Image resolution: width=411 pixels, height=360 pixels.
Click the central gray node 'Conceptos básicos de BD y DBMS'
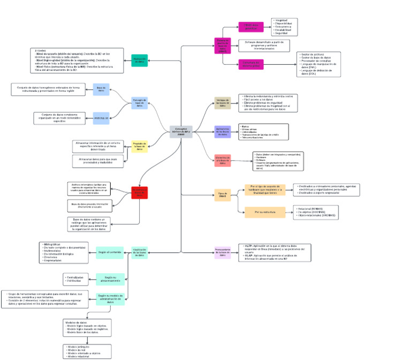pyautogui.click(x=181, y=132)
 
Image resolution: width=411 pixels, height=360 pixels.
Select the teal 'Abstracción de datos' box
pyautogui.click(x=139, y=61)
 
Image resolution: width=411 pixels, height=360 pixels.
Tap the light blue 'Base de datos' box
pyautogui.click(x=101, y=89)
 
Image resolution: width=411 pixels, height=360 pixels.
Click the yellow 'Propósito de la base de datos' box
pyautogui.click(x=139, y=146)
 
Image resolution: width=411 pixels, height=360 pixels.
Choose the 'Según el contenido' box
pyautogui.click(x=111, y=251)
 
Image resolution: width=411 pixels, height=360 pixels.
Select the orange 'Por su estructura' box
pyautogui.click(x=265, y=212)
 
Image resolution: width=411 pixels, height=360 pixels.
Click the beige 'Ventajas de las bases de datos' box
pyautogui.click(x=223, y=103)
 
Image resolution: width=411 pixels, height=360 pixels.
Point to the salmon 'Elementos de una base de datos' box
pyautogui.click(x=223, y=160)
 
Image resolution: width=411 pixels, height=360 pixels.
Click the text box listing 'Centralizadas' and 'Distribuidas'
pyautogui.click(x=79, y=279)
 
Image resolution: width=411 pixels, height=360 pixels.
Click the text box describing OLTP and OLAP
pyautogui.click(x=275, y=252)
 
